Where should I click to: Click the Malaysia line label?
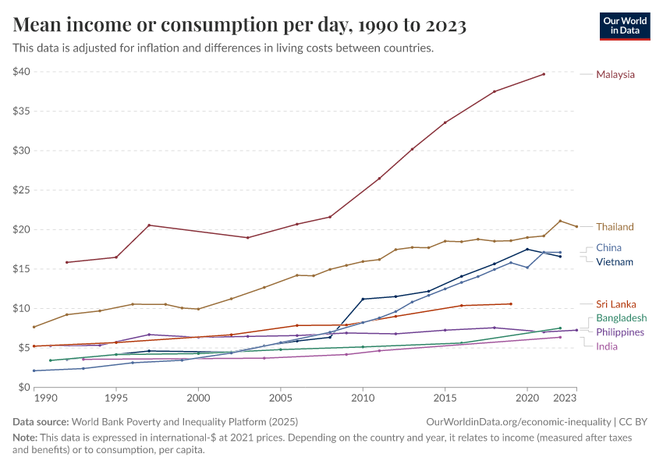tap(615, 75)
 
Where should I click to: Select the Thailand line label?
tap(615, 227)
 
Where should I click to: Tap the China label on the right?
tap(608, 248)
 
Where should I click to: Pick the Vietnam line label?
tap(615, 262)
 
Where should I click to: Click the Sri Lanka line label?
tap(615, 304)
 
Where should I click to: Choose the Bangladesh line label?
tap(621, 318)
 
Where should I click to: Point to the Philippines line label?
tap(620, 332)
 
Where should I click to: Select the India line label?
tap(607, 346)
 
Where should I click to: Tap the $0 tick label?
tap(24, 387)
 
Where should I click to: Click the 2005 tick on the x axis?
tap(280, 398)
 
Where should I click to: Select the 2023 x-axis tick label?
tap(576, 398)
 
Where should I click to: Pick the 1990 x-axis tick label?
tap(45, 398)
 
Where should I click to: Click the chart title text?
tap(239, 25)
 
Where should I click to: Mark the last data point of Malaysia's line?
tap(544, 74)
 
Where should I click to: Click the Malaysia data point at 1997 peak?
tap(149, 225)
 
